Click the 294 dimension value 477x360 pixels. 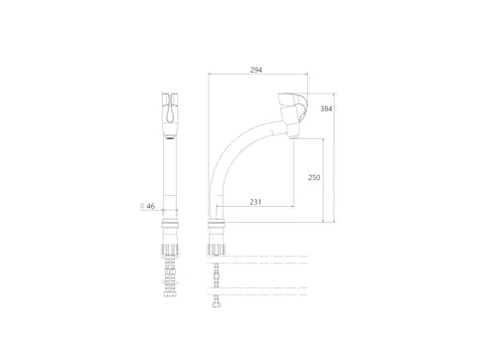(256, 70)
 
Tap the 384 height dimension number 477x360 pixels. (326, 108)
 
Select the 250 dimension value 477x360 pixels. (314, 177)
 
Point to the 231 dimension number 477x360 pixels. (255, 202)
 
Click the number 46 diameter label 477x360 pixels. (151, 206)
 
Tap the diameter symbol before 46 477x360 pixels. (142, 206)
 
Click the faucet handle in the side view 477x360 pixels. (294, 107)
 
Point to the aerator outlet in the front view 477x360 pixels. (170, 136)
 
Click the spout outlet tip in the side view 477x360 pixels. (294, 136)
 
